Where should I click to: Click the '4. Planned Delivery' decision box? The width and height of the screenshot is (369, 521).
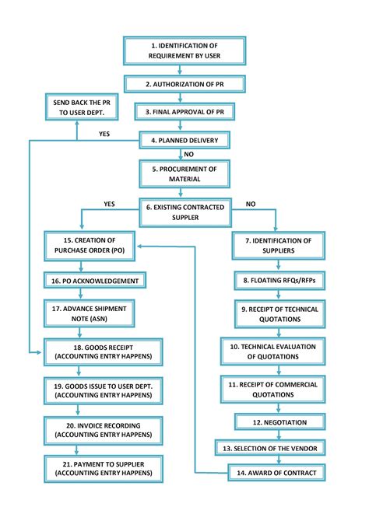184,141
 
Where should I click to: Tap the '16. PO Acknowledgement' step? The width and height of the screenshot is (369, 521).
94,281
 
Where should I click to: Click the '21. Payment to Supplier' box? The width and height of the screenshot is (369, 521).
104,467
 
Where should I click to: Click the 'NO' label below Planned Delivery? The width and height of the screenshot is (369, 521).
188,154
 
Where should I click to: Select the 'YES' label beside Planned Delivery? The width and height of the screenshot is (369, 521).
104,134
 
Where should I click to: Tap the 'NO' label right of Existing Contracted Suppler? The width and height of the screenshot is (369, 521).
251,204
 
